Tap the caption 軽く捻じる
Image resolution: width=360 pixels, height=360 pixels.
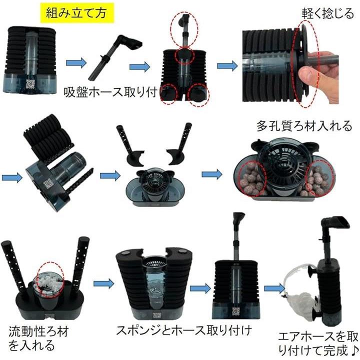(x=328, y=13)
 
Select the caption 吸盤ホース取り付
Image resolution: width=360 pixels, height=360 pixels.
(x=110, y=92)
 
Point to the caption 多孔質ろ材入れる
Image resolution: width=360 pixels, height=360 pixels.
(x=304, y=126)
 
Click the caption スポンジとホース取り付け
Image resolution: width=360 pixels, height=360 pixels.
(x=184, y=330)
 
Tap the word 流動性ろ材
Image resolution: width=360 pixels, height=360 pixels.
(x=38, y=331)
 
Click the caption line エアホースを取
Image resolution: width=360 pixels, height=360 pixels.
(x=318, y=337)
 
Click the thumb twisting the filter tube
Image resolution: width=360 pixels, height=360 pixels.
(x=307, y=75)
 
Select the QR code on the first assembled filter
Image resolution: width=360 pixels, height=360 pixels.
(x=30, y=84)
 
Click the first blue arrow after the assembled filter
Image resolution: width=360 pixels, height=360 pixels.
(x=76, y=62)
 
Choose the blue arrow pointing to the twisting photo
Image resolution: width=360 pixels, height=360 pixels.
(x=227, y=66)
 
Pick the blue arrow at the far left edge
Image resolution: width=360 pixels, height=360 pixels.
(x=12, y=177)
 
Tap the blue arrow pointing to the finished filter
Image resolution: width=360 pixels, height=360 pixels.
(x=274, y=288)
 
